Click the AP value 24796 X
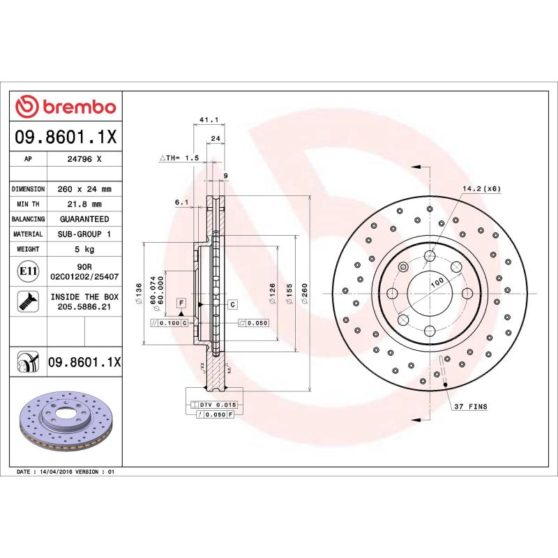84,159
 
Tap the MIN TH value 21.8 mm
84,204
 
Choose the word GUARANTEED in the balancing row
84,219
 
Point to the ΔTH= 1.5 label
180,159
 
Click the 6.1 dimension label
181,202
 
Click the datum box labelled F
181,303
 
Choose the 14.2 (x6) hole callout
481,189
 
